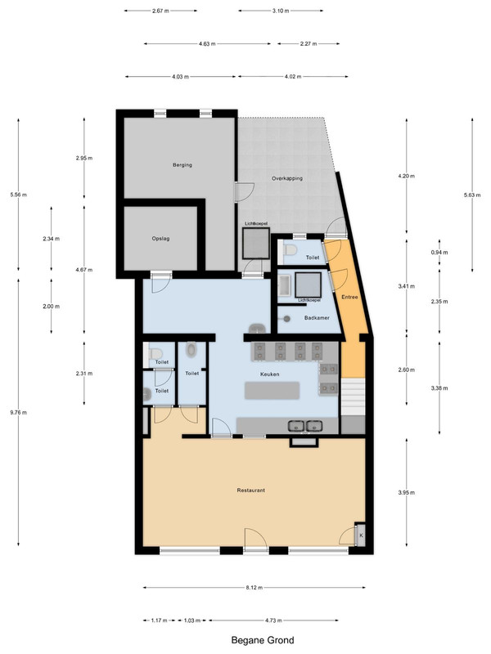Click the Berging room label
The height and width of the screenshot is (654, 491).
(x=182, y=165)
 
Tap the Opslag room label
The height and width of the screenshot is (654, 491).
(x=160, y=239)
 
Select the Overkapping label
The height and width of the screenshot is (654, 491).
(x=287, y=178)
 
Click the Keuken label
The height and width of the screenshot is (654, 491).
(x=270, y=374)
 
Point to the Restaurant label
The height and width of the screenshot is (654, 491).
(x=251, y=490)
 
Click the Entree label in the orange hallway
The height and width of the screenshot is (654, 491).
(x=350, y=297)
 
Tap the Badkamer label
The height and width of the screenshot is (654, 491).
(x=317, y=318)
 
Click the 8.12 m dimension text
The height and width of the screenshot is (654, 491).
(x=255, y=588)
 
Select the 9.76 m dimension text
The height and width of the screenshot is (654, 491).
(x=18, y=413)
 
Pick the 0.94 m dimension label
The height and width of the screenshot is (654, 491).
(x=439, y=253)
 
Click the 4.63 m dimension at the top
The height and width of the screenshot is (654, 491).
(x=207, y=44)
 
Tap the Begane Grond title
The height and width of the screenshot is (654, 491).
(x=263, y=640)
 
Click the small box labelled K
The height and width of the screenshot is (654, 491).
(x=361, y=535)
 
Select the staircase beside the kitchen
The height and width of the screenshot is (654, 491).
(x=354, y=396)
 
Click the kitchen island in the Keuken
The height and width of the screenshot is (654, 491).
(x=273, y=391)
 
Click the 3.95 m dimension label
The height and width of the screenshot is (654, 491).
(x=407, y=493)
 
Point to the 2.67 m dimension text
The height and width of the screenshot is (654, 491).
(x=160, y=11)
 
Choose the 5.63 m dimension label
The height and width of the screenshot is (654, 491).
(x=472, y=195)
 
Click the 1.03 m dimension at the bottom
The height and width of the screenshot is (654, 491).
(x=192, y=620)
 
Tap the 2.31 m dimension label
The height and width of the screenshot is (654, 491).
(x=84, y=374)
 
